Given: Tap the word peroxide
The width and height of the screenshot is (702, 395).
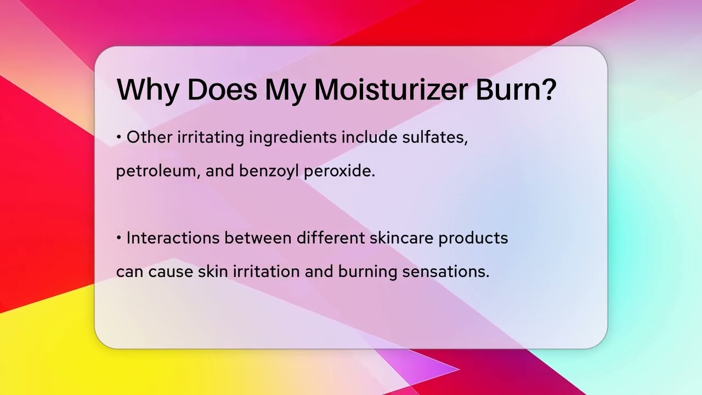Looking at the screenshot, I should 339,171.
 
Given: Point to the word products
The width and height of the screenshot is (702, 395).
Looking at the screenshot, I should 473,239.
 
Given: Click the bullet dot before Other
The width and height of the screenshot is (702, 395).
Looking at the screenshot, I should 118,138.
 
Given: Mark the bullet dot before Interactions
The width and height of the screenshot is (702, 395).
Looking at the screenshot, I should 118,239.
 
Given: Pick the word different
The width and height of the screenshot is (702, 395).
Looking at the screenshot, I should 331,238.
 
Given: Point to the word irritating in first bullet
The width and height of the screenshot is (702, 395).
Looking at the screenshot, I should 211,138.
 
